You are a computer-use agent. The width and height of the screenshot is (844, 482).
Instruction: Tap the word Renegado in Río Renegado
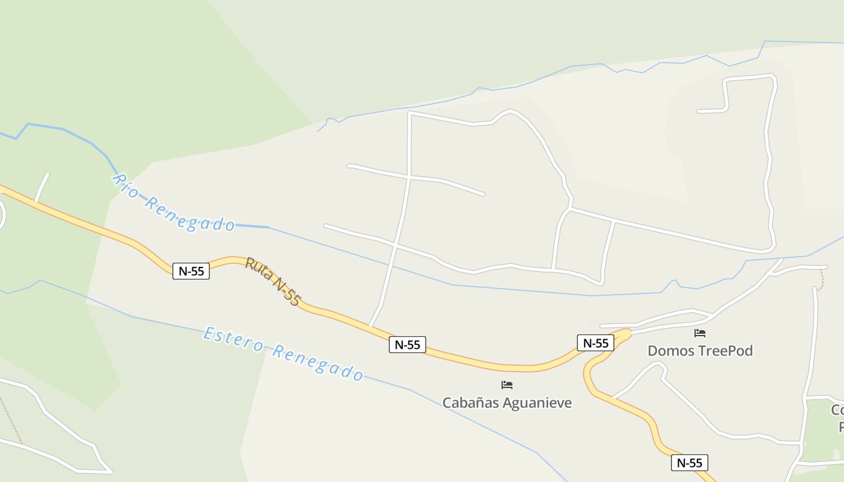coord(189,214)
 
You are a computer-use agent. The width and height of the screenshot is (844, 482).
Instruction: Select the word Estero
coord(233,340)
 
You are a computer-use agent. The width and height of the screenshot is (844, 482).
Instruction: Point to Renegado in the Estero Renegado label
coord(317,362)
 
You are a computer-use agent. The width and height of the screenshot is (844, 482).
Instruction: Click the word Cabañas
coord(470,402)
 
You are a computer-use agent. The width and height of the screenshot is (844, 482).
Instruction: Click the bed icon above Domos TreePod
coord(700,333)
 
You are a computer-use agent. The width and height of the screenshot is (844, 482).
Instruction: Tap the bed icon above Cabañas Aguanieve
coord(507,384)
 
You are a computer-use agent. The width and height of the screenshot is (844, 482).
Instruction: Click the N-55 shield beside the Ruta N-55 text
coord(191,271)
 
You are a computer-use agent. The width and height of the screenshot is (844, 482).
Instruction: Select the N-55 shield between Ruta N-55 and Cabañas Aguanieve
coord(408,345)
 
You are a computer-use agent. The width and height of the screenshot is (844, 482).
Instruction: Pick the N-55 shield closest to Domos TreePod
coord(596,343)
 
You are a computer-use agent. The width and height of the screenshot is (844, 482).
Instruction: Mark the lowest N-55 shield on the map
coord(689,463)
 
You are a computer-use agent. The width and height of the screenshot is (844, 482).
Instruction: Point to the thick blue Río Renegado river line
coord(60,128)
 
